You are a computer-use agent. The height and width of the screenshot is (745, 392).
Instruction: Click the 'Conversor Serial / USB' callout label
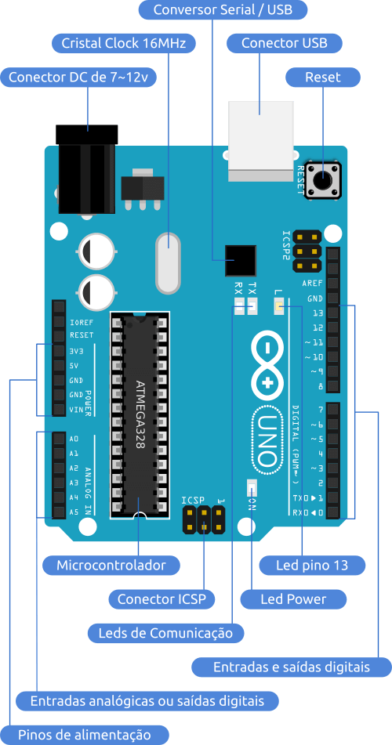223,10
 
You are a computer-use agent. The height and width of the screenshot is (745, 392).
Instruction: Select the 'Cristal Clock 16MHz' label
123,43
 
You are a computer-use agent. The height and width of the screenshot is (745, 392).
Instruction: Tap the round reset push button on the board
324,180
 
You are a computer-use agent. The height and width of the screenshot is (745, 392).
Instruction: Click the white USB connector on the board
261,135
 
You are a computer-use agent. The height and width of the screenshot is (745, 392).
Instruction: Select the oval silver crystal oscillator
168,262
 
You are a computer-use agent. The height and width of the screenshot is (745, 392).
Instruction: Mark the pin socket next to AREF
332,283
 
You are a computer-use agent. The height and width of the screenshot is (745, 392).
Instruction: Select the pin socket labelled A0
58,439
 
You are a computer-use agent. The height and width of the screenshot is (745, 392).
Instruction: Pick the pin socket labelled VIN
58,409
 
